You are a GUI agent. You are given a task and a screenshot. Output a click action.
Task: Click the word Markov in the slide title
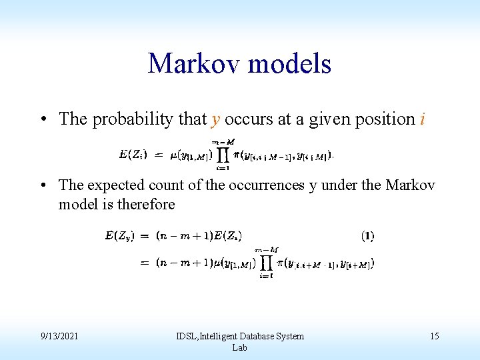[193, 64]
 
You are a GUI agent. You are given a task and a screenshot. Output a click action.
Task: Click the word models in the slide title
[289, 64]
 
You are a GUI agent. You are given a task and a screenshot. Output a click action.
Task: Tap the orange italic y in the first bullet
[215, 119]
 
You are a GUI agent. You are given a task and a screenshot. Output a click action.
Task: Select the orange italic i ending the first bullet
[423, 119]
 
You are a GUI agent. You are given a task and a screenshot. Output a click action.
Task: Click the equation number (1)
[367, 235]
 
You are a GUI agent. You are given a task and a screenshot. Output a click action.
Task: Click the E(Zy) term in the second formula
[120, 235]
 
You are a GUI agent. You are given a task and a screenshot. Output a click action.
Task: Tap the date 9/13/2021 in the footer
[59, 336]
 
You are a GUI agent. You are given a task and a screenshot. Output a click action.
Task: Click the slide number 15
[434, 336]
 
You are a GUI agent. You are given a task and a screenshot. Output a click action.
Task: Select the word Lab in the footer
[239, 347]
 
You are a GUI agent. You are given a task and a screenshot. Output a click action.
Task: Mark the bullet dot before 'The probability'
[43, 120]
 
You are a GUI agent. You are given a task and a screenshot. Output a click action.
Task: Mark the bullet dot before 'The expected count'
[43, 185]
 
